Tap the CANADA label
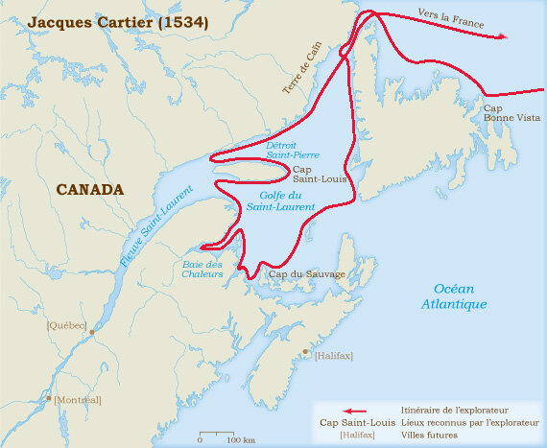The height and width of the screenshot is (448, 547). [89, 189]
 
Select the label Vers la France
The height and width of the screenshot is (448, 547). [451, 18]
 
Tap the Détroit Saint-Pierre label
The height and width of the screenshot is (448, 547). [294, 149]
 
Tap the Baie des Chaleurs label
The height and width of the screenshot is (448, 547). [202, 269]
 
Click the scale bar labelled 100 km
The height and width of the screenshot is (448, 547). [220, 434]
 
